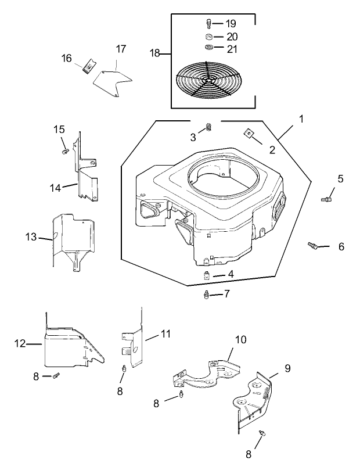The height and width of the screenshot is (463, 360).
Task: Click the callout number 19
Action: (231, 24)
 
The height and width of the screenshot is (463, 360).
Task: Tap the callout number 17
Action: (120, 49)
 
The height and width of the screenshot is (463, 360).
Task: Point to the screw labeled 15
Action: (64, 151)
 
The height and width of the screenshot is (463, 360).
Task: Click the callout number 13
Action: (31, 237)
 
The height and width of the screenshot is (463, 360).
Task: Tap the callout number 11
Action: (166, 334)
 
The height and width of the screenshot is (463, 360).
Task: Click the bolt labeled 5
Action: (326, 199)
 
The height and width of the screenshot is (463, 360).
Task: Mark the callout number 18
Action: (155, 53)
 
